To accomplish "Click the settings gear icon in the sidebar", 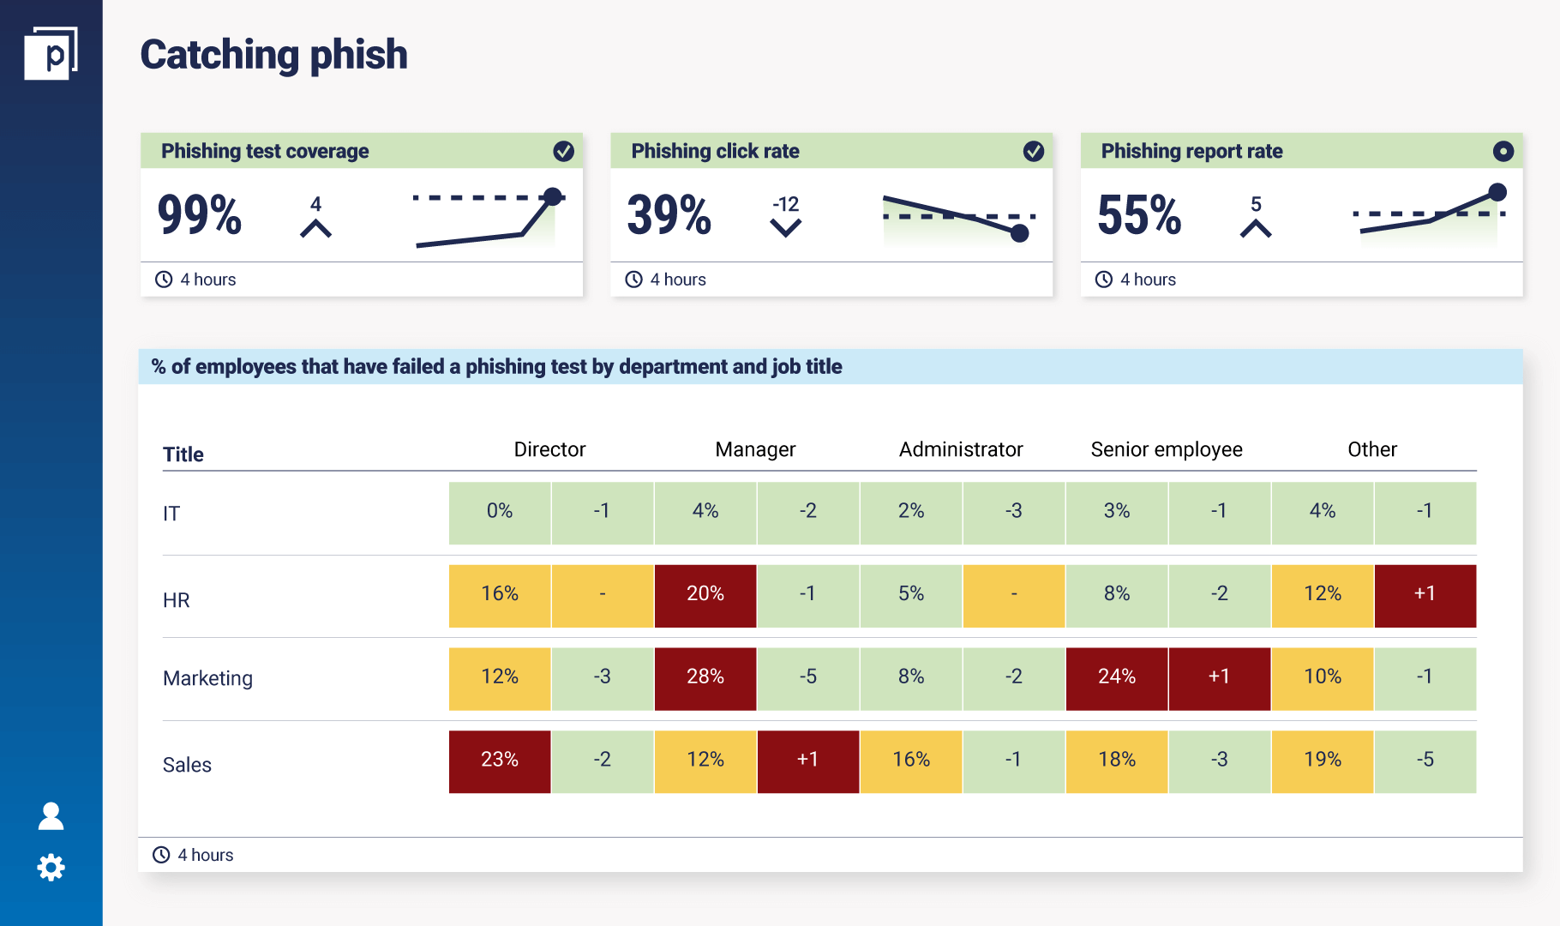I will [x=51, y=868].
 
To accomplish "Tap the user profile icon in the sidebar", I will [x=51, y=816].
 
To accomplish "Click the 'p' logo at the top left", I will [x=51, y=54].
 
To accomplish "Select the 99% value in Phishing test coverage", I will [x=200, y=214].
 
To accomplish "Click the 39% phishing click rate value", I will [x=669, y=214].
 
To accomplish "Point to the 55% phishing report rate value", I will [x=1139, y=214].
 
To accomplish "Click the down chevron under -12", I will [x=785, y=228].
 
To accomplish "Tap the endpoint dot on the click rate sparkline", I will [x=1019, y=233].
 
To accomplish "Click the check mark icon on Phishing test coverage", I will [x=563, y=152].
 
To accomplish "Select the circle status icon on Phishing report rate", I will [x=1503, y=152].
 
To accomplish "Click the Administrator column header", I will [x=961, y=449].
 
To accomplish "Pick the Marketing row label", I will [x=207, y=678].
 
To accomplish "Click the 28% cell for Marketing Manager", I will [x=705, y=676].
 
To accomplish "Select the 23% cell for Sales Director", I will [x=500, y=760].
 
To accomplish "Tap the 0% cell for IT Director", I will [x=500, y=511].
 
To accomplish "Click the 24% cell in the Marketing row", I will [x=1117, y=676].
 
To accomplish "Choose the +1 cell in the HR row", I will [x=1425, y=593].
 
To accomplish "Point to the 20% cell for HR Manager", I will [x=705, y=593].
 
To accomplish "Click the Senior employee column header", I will [x=1167, y=449].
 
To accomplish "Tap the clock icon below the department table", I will [x=161, y=855].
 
